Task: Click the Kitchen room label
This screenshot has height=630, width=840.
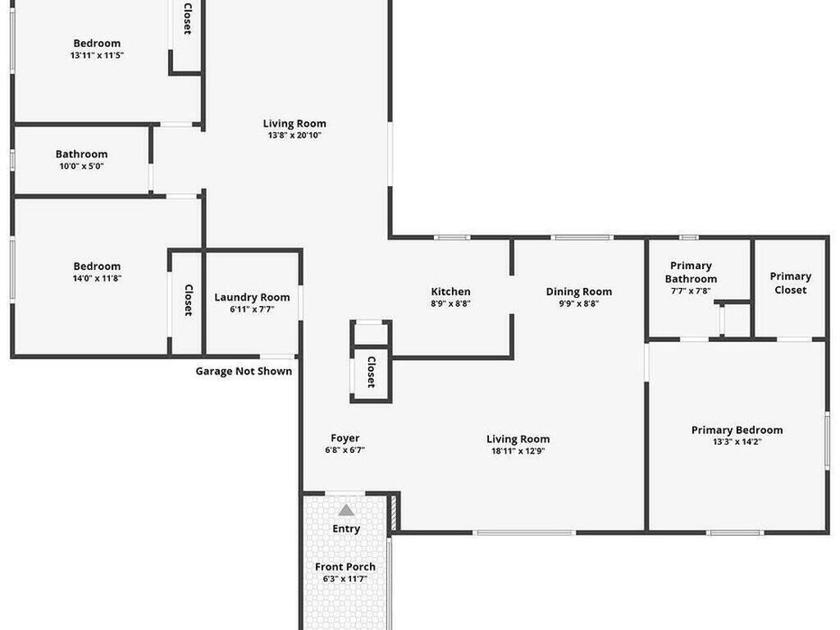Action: click(x=451, y=291)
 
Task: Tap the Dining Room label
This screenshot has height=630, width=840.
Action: click(x=579, y=291)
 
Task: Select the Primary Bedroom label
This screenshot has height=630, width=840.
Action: click(x=737, y=430)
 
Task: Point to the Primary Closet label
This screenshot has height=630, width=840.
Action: click(x=790, y=283)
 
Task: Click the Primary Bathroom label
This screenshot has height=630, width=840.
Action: click(x=691, y=272)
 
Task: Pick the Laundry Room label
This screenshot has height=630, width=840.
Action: click(x=252, y=297)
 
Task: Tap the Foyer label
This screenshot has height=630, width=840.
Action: click(x=345, y=438)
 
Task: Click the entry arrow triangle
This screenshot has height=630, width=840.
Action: click(x=346, y=510)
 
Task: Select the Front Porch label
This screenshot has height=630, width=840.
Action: click(x=345, y=567)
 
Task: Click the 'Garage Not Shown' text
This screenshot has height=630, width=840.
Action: click(x=244, y=371)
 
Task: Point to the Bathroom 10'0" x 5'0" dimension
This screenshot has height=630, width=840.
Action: click(x=81, y=167)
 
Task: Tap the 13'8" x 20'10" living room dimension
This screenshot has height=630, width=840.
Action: click(x=294, y=135)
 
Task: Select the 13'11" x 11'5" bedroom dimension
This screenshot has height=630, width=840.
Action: click(x=97, y=56)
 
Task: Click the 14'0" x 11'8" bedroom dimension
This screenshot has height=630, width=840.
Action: click(x=97, y=278)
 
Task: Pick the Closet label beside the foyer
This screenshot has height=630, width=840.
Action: click(x=371, y=372)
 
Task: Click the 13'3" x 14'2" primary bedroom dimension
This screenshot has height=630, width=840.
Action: click(x=737, y=442)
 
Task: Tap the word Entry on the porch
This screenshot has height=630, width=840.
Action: click(x=346, y=529)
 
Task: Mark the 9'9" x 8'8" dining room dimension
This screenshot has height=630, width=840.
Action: click(x=579, y=304)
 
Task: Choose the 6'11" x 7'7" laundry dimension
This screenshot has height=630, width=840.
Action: click(x=252, y=309)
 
